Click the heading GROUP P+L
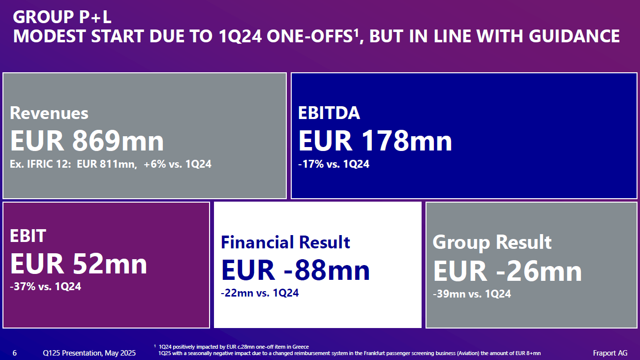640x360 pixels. click(62, 17)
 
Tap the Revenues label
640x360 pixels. click(49, 113)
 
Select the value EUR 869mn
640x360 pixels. click(87, 141)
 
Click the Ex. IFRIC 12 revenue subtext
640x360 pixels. click(111, 164)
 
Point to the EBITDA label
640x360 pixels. click(329, 113)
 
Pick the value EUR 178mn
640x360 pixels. click(375, 141)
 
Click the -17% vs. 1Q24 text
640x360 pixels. click(334, 164)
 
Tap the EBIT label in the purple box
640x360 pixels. click(28, 236)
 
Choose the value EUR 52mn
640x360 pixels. click(79, 264)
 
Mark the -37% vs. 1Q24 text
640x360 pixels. click(45, 286)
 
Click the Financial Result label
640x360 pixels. click(285, 242)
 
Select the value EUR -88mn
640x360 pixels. click(295, 270)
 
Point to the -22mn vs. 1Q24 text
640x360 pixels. click(260, 293)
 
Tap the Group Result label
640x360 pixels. click(492, 242)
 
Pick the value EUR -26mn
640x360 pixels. click(507, 270)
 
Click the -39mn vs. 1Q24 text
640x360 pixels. click(472, 294)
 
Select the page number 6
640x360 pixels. click(14, 353)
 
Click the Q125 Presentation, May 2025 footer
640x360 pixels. click(90, 353)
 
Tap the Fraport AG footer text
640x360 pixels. click(610, 353)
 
